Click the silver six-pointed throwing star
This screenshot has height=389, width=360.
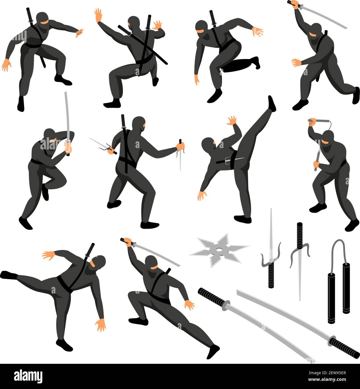click(219, 250)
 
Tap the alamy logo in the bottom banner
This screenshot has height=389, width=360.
click(28, 376)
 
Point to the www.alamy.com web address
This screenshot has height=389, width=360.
click(327, 379)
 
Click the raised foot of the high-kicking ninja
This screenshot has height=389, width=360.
click(272, 104)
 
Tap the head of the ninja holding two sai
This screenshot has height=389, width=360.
click(139, 124)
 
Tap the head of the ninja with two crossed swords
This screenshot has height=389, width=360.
click(134, 23)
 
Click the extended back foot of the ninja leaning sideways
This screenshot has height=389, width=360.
click(8, 275)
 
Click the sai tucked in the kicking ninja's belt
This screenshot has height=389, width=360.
click(230, 160)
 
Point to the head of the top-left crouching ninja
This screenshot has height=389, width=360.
click(42, 19)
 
